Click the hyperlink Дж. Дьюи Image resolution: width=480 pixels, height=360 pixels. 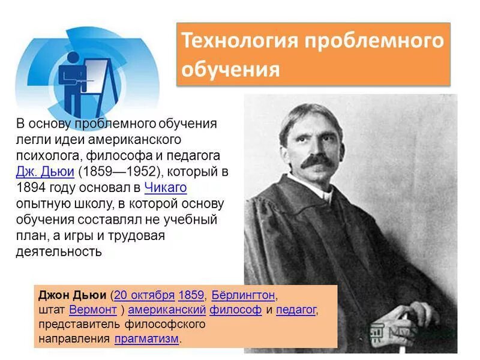tap(45, 172)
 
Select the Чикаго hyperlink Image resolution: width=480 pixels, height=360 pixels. tap(166, 187)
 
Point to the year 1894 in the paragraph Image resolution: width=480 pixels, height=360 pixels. tap(31, 187)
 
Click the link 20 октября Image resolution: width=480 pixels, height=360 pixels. tap(144, 295)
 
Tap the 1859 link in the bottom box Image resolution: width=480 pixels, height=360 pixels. tap(191, 295)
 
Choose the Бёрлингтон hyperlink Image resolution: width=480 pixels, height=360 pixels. tap(243, 295)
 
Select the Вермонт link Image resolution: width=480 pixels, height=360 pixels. tap(93, 310)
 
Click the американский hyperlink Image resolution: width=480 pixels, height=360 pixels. tap(167, 310)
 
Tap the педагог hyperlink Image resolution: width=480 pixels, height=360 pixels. tap(296, 310)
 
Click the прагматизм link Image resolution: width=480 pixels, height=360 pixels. tap(146, 339)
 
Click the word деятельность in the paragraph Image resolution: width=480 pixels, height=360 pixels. tap(59, 251)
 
